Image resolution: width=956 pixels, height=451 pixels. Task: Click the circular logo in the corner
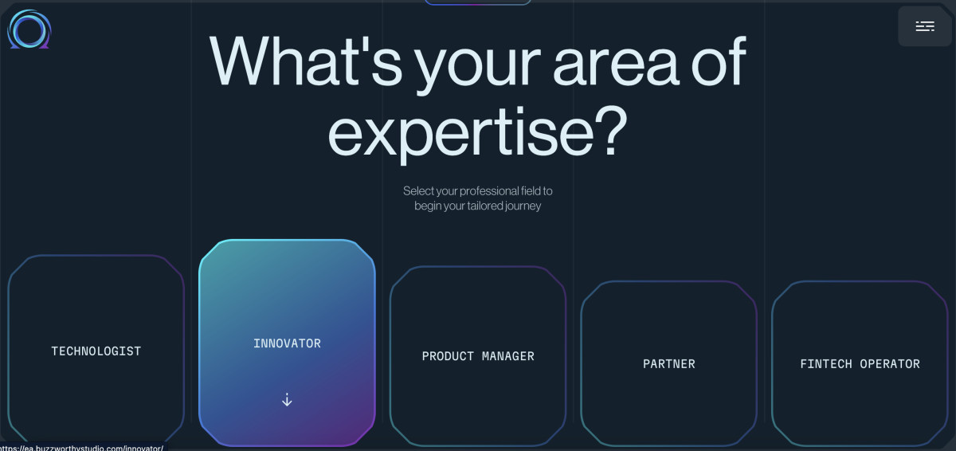29,29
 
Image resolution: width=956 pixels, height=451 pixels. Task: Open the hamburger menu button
924,26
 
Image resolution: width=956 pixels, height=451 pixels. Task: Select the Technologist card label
96,351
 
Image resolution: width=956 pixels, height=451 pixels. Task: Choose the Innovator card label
287,343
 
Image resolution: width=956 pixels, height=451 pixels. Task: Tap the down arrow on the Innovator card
287,400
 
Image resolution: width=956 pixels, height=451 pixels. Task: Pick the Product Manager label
478,356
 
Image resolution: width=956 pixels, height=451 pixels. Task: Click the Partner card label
669,364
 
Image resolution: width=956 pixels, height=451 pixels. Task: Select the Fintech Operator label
860,364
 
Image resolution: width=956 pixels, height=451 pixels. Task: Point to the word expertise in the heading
453,131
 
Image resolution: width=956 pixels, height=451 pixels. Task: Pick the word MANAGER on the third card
508,356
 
